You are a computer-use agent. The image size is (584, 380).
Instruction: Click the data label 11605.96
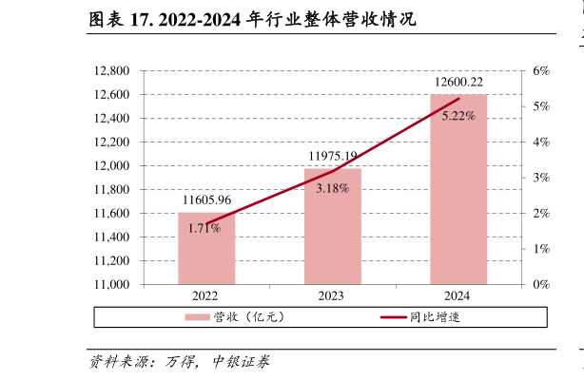[206, 200]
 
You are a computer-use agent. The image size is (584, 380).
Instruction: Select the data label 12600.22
[458, 83]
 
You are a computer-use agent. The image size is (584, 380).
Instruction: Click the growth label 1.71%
[204, 228]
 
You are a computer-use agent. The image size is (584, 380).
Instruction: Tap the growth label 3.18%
[332, 188]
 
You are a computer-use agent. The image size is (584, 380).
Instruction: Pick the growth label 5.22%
[458, 116]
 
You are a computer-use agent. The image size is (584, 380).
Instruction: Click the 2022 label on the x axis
[206, 296]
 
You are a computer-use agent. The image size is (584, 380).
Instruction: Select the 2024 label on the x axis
[458, 296]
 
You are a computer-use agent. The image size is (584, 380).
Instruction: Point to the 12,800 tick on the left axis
[112, 71]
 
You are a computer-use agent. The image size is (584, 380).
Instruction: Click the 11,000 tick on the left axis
[112, 284]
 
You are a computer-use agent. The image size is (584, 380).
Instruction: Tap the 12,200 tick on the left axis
[112, 142]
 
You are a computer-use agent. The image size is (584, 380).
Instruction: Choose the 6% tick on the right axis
[541, 71]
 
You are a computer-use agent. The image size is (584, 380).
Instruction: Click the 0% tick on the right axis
[541, 284]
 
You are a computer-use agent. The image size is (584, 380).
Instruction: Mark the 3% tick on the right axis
[541, 178]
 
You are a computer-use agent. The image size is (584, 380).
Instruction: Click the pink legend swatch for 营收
[197, 316]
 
